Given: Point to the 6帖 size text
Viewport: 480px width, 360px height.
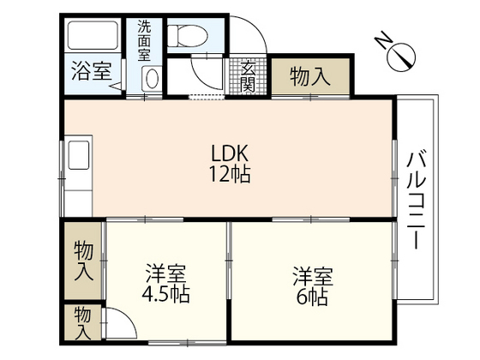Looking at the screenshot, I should click(x=312, y=296).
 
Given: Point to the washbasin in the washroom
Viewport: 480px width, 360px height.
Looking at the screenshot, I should click(x=152, y=79).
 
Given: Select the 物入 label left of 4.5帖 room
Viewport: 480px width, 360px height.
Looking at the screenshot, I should click(x=83, y=261).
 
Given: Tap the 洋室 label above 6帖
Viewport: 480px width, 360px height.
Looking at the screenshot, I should click(x=312, y=276).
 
